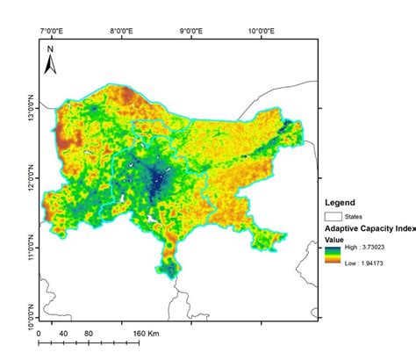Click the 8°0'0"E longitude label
(122, 31)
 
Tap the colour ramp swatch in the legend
(334, 256)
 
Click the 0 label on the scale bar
(39, 335)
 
